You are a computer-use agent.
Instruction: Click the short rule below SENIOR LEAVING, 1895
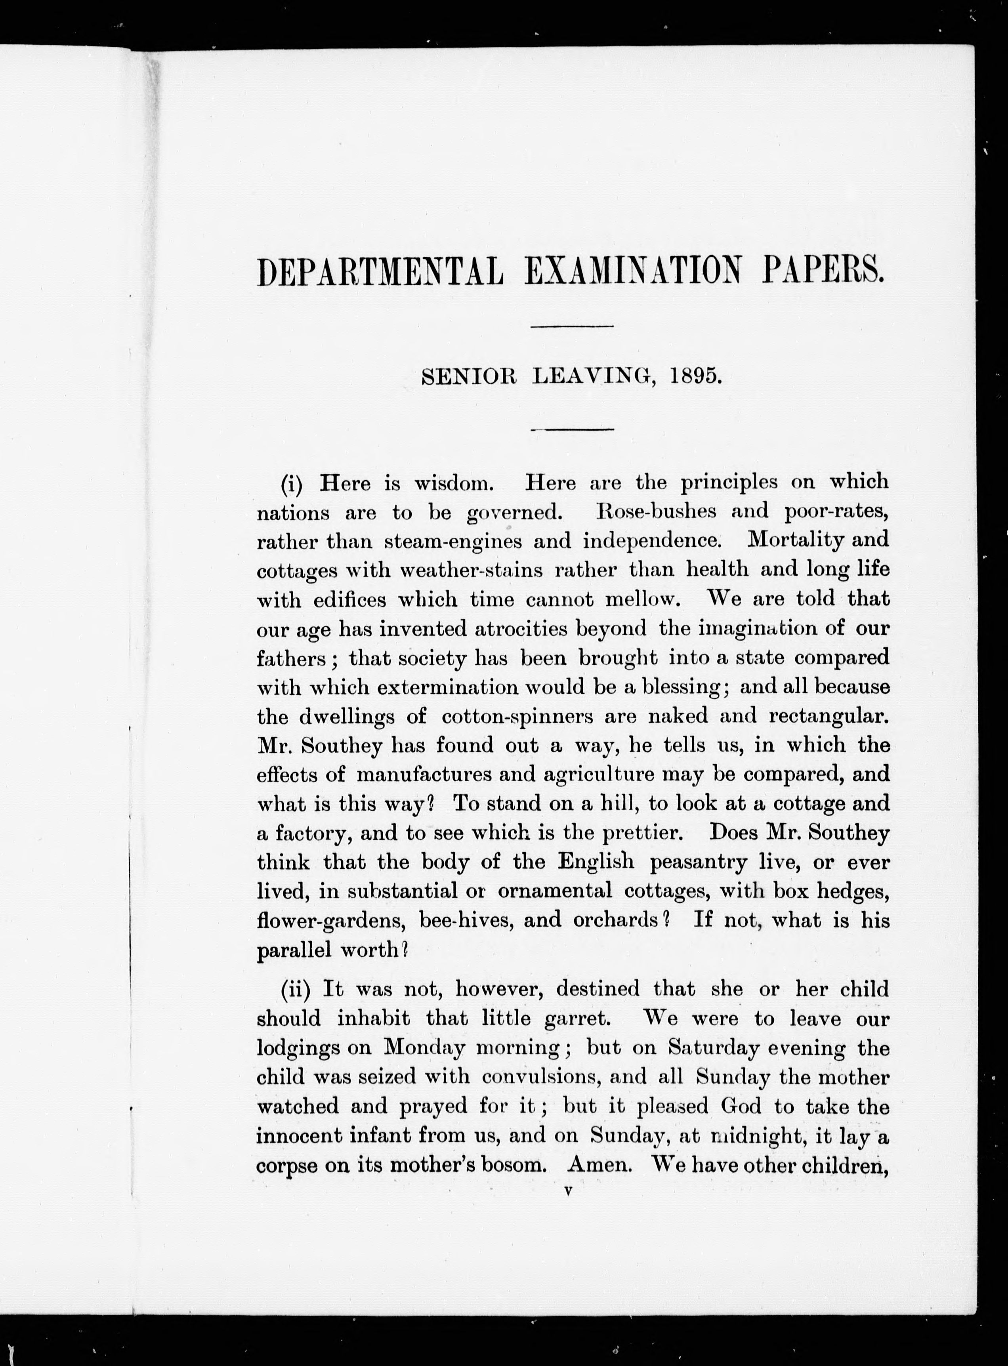572,430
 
